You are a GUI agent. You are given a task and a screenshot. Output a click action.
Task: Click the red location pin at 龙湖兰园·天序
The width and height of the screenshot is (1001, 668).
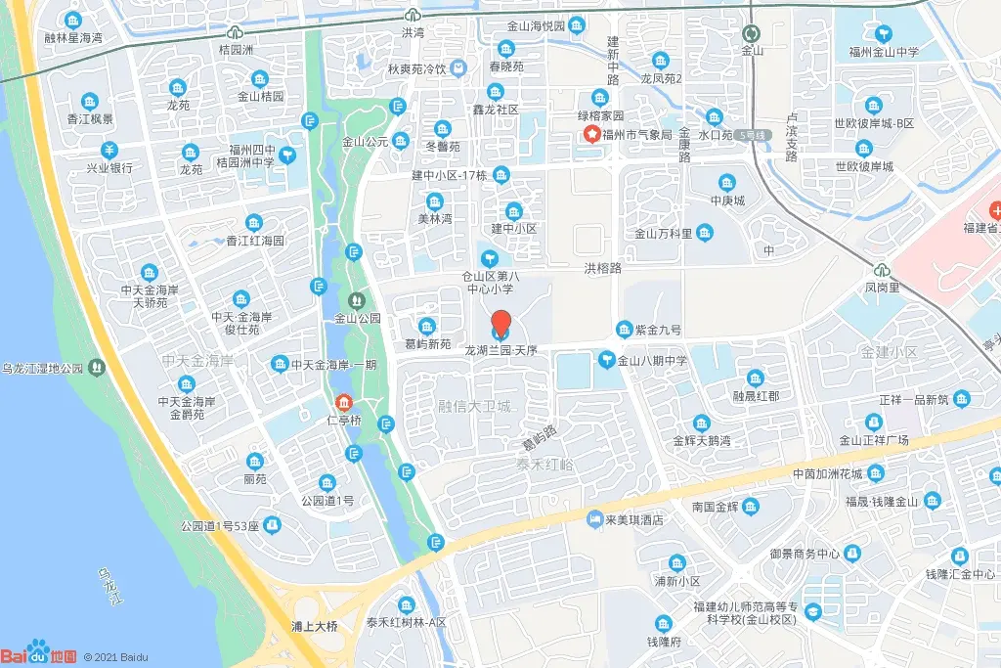tap(500, 324)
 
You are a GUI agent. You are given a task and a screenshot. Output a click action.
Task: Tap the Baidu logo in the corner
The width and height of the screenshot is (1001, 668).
tap(39, 652)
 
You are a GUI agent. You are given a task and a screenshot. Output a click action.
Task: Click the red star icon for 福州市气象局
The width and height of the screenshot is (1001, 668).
tap(591, 134)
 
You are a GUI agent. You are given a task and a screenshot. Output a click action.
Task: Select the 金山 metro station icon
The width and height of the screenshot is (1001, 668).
tap(751, 32)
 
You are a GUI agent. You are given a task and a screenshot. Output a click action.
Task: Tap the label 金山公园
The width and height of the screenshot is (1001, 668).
tap(357, 318)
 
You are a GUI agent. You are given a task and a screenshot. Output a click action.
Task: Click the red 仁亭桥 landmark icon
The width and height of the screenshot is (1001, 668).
tap(343, 403)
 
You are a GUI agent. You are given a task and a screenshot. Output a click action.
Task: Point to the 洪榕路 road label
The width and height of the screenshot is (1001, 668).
tap(603, 267)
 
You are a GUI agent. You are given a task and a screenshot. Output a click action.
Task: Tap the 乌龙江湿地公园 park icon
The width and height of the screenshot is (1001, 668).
tap(96, 368)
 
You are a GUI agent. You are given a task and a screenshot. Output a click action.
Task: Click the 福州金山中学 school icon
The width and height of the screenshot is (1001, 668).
tap(884, 33)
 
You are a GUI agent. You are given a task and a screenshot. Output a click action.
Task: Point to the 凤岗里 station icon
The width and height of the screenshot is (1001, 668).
tap(882, 270)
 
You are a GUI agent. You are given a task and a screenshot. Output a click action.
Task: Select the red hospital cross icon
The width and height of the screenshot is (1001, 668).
tap(995, 209)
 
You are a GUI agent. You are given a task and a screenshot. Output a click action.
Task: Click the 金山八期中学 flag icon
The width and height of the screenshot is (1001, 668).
tap(606, 361)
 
